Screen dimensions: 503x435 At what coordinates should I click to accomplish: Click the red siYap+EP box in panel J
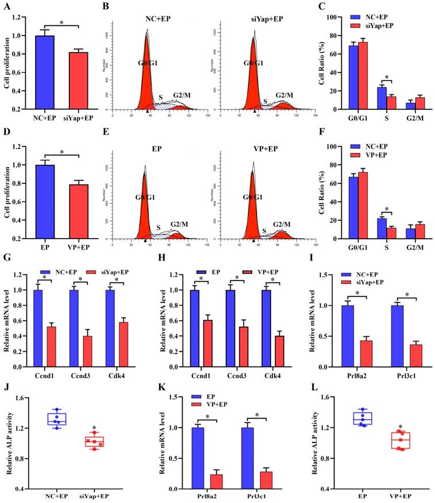[94, 441]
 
